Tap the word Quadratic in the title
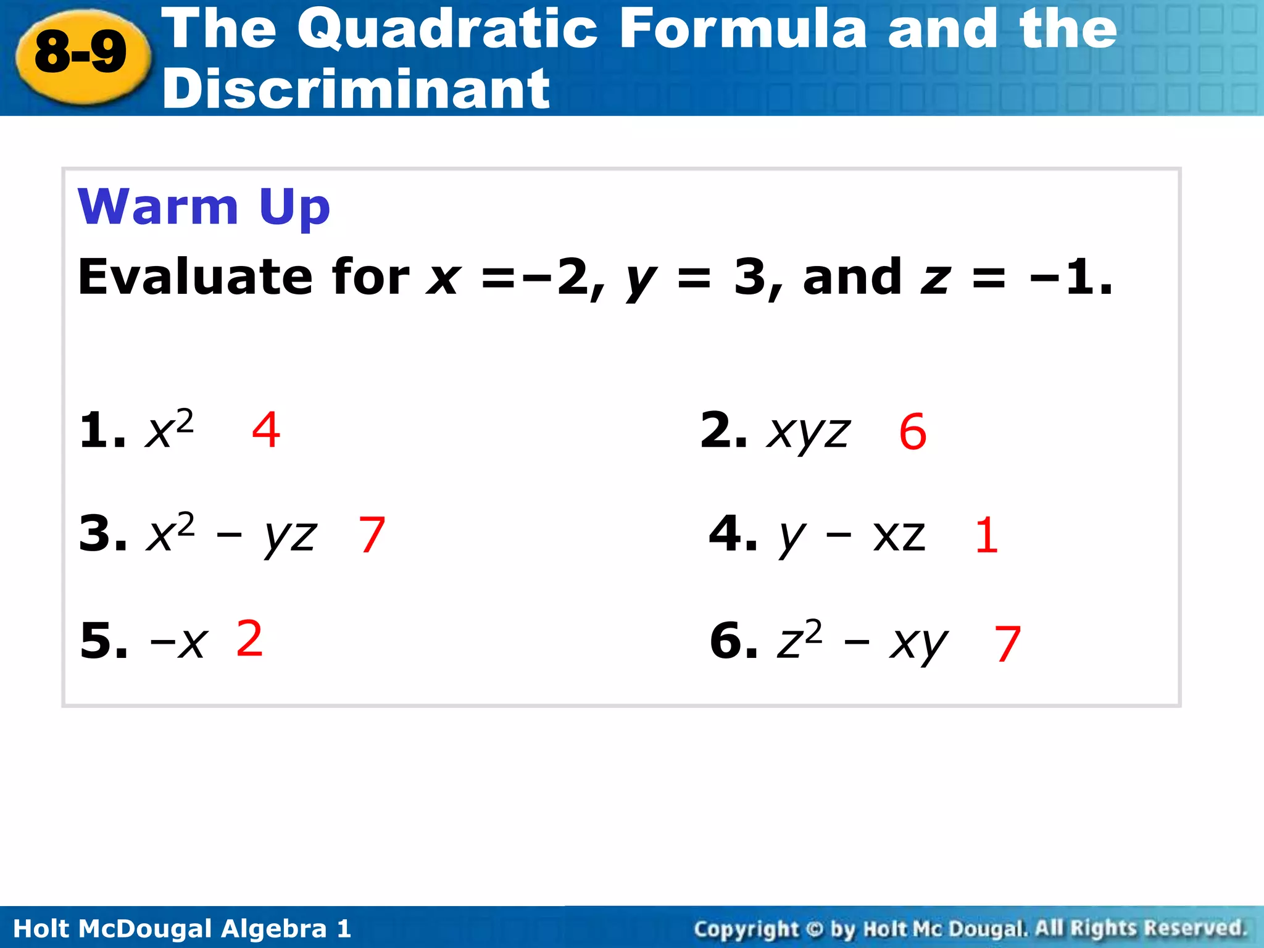click(447, 29)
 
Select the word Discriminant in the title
click(356, 89)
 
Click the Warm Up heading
click(204, 207)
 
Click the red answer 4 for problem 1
click(266, 430)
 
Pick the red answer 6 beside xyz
click(913, 432)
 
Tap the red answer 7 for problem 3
click(372, 535)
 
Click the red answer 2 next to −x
click(250, 639)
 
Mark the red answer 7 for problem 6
click(1007, 644)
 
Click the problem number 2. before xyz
click(723, 430)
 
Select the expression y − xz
click(852, 536)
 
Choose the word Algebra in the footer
click(273, 928)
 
